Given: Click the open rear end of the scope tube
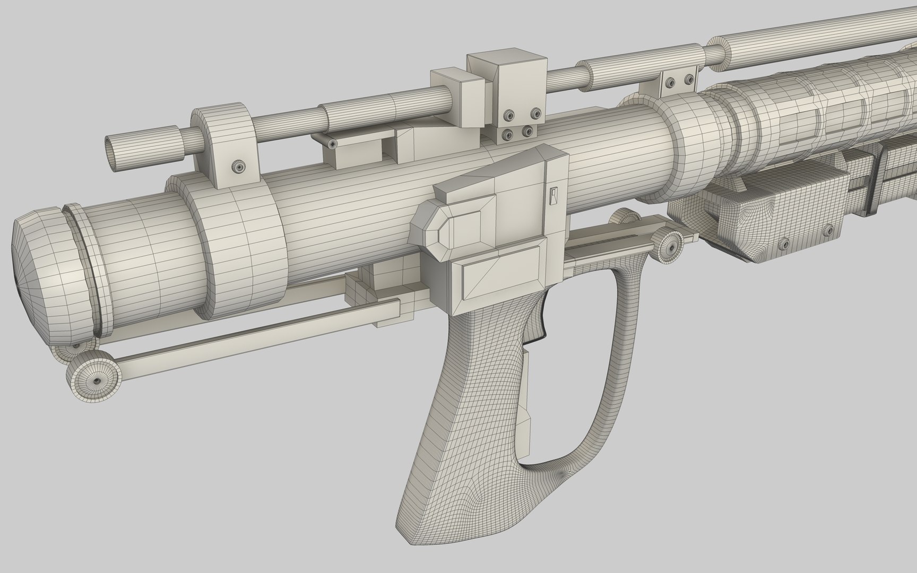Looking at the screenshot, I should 113,154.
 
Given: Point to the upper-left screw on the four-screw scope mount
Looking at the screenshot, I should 511,115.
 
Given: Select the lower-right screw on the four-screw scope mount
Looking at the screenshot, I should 527,131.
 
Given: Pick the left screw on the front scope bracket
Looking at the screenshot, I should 670,82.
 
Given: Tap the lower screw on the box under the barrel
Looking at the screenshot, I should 783,244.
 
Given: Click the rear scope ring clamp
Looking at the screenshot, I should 226,143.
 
